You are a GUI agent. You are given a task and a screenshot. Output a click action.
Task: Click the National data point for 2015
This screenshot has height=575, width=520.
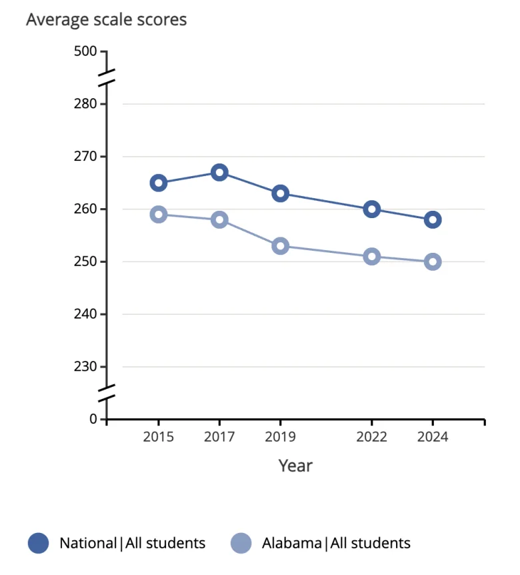(x=158, y=183)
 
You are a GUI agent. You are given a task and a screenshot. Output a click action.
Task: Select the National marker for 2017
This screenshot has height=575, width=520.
(x=219, y=172)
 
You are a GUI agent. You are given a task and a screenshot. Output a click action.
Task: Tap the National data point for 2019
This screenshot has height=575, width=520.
(x=281, y=193)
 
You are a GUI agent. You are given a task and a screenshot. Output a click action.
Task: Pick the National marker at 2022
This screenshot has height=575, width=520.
(x=372, y=209)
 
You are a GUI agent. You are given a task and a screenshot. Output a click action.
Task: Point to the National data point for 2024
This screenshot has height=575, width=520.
(x=433, y=219)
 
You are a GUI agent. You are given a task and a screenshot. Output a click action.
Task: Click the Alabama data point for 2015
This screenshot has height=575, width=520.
(x=158, y=214)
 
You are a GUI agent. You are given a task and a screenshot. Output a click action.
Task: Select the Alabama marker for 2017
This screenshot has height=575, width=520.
(x=219, y=219)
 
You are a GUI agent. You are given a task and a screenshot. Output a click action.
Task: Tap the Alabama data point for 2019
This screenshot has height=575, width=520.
(x=281, y=246)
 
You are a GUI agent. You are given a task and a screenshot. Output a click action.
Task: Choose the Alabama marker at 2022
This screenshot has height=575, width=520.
(x=372, y=256)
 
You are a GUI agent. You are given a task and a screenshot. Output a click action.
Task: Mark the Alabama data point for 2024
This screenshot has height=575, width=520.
(x=433, y=261)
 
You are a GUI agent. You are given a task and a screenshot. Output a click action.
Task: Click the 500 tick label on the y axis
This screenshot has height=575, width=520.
(x=85, y=51)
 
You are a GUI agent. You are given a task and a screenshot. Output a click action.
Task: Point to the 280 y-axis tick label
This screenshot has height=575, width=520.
(x=85, y=104)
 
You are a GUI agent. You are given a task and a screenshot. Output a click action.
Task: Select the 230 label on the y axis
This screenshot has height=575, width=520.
(x=85, y=367)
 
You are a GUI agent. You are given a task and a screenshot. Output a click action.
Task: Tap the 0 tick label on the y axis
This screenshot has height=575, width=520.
(x=93, y=419)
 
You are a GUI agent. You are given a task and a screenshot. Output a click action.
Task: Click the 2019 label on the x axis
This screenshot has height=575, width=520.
(x=281, y=437)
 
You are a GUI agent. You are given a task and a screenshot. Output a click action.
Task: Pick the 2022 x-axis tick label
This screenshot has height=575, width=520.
(x=372, y=437)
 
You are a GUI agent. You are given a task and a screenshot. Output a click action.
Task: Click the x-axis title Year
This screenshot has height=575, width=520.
(x=295, y=465)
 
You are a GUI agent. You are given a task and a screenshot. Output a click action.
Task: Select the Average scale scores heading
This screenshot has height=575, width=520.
(x=107, y=20)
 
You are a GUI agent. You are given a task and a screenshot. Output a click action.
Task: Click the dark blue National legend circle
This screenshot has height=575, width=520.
(x=39, y=543)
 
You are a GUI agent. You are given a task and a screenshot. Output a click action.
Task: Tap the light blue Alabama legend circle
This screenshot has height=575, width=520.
(x=241, y=543)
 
